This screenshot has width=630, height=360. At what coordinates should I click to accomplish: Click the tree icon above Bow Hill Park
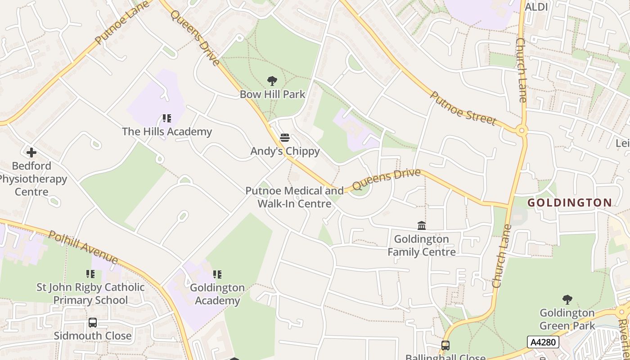pyautogui.click(x=272, y=81)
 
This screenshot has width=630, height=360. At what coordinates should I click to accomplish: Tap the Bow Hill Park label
pyautogui.click(x=272, y=94)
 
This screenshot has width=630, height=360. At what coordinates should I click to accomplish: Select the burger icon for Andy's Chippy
pyautogui.click(x=284, y=138)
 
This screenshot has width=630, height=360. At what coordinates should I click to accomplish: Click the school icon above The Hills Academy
pyautogui.click(x=167, y=118)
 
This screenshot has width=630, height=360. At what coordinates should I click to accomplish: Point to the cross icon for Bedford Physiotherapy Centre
pyautogui.click(x=31, y=153)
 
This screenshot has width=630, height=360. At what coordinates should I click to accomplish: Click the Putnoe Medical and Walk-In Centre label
pyautogui.click(x=294, y=197)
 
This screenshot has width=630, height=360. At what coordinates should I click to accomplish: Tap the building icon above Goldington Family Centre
pyautogui.click(x=422, y=225)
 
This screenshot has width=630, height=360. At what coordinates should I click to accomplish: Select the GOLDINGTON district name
pyautogui.click(x=570, y=203)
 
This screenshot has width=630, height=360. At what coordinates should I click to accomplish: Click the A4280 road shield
pyautogui.click(x=543, y=342)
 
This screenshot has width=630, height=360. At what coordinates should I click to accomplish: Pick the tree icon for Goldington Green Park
pyautogui.click(x=567, y=299)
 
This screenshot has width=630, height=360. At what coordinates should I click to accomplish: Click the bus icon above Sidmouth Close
pyautogui.click(x=93, y=323)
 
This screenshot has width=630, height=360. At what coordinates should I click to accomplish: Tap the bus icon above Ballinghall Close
pyautogui.click(x=445, y=346)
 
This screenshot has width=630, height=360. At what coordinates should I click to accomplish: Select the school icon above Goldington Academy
pyautogui.click(x=217, y=274)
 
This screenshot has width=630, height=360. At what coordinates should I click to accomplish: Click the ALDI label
pyautogui.click(x=536, y=7)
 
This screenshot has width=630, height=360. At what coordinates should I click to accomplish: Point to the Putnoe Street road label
pyautogui.click(x=463, y=108)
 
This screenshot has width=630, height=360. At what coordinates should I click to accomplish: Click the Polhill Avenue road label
pyautogui.click(x=83, y=247)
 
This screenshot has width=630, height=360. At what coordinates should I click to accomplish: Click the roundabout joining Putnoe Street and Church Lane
pyautogui.click(x=522, y=131)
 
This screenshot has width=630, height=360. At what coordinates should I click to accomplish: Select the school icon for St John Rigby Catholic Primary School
pyautogui.click(x=90, y=274)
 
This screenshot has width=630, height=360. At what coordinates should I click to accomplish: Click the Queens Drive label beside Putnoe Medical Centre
pyautogui.click(x=386, y=179)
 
